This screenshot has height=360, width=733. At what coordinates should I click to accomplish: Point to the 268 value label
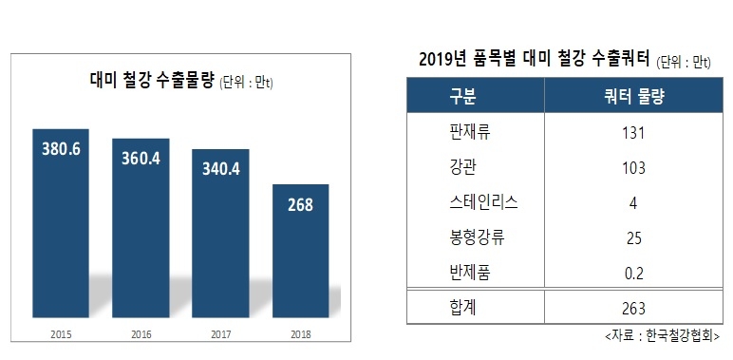coord(300,203)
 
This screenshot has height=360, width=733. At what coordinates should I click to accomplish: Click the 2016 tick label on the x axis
coord(141,334)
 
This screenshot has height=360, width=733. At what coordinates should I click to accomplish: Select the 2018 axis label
coord(300,334)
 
